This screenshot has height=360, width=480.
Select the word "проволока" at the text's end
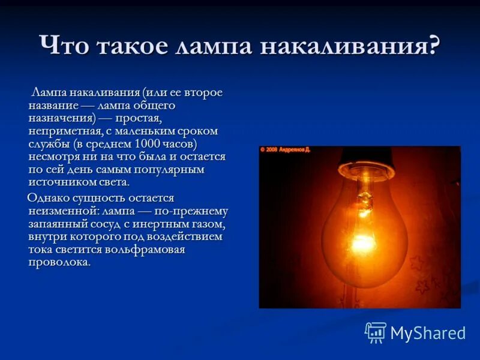(x=59, y=262)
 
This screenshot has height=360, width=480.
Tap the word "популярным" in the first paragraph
(x=175, y=170)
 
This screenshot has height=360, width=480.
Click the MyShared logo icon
(x=376, y=332)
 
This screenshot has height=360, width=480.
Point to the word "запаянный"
(x=55, y=223)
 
